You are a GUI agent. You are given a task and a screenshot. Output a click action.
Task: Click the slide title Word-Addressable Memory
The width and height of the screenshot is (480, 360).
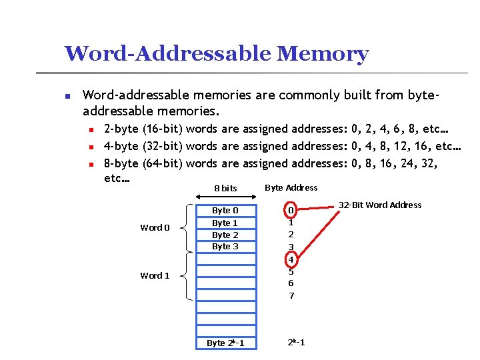tap(216, 53)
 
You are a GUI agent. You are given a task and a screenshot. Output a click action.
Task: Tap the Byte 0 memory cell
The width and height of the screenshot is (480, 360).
tap(225, 211)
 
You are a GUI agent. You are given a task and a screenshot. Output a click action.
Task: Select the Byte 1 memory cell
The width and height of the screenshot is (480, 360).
tap(225, 223)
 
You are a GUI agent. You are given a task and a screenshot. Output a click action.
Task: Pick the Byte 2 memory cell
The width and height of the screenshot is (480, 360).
tap(225, 235)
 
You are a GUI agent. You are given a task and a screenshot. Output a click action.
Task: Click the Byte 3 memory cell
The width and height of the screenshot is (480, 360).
tap(225, 247)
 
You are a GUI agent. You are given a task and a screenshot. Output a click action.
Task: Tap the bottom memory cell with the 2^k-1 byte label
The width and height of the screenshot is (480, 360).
tap(225, 343)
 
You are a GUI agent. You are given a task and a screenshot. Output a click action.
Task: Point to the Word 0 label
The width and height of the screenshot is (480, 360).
tap(155, 228)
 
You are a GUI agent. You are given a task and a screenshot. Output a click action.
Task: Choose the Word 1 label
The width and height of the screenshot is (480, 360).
tap(155, 275)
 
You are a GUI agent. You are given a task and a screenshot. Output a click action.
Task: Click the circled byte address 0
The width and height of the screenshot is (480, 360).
tap(290, 211)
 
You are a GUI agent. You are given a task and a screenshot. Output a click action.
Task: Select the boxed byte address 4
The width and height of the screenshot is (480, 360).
tap(291, 259)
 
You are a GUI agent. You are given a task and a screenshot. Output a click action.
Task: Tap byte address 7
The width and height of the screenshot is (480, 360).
tap(291, 295)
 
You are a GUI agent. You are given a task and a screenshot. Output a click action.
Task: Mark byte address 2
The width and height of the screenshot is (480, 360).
tap(291, 235)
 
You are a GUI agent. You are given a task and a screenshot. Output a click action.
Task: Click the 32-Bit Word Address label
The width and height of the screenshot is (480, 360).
tap(380, 205)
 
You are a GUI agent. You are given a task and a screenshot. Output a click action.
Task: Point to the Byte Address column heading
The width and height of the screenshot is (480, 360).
tap(291, 187)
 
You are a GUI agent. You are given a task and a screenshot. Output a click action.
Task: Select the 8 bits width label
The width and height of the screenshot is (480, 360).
tap(225, 189)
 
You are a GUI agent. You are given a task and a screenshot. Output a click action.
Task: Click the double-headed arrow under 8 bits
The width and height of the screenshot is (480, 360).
tap(225, 197)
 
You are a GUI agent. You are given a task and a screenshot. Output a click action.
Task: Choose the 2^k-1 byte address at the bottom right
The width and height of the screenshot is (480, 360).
tap(297, 343)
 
